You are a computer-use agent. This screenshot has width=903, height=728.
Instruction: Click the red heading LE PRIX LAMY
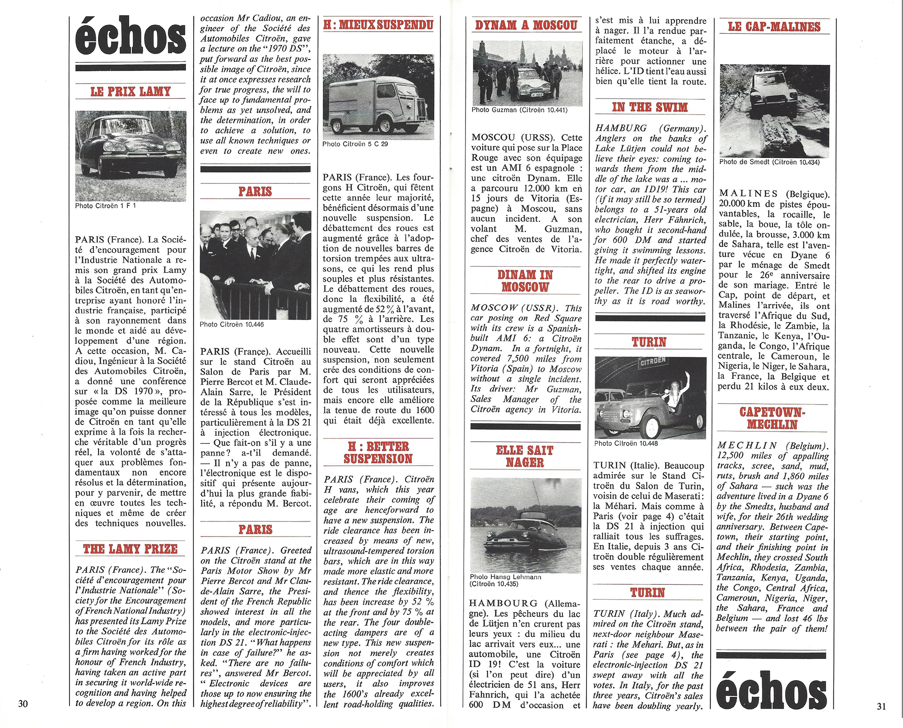click(130, 92)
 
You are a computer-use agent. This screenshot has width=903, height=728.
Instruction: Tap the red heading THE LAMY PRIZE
click(130, 549)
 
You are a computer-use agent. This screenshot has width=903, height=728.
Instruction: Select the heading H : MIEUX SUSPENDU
click(378, 25)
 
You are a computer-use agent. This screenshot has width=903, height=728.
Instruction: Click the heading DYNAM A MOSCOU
click(526, 25)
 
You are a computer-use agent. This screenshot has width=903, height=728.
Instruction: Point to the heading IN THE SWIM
click(650, 107)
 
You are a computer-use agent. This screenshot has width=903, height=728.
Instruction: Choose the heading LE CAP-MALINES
click(774, 27)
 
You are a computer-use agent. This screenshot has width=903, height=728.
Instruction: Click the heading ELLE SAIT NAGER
click(525, 456)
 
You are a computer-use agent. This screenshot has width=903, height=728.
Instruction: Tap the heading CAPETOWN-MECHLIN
click(773, 418)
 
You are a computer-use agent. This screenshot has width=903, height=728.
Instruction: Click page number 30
click(23, 704)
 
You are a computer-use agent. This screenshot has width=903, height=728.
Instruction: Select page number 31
click(881, 707)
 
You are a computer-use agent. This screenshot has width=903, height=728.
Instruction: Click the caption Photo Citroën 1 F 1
click(106, 206)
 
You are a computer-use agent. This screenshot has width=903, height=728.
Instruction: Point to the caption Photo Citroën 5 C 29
click(355, 144)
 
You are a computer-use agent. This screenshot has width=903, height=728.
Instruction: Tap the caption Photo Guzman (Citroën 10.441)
click(519, 110)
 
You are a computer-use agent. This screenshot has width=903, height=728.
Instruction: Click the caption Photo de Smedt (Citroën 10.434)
click(769, 162)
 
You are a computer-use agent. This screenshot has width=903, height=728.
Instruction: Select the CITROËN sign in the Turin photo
click(653, 361)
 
